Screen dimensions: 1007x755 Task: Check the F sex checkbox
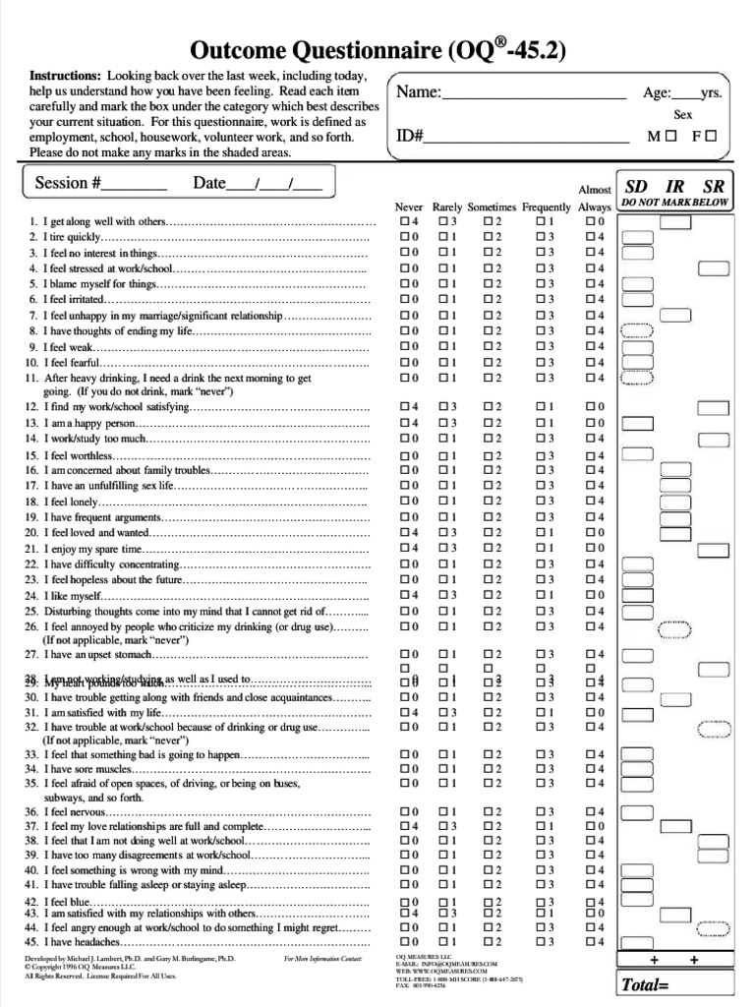711,138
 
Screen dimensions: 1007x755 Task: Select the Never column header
409,207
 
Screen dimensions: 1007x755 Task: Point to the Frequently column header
546,207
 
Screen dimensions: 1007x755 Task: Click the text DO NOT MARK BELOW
674,203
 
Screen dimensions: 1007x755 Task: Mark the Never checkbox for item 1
404,222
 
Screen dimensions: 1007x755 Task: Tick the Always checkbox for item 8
590,330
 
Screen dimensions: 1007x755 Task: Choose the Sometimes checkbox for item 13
488,423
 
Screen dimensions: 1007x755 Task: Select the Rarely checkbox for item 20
443,532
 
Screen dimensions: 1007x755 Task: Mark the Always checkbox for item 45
590,941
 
